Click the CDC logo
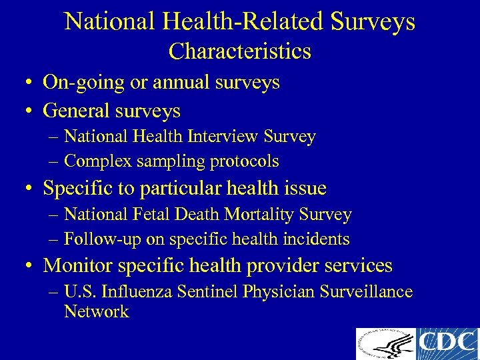448,344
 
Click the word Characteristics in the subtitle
240,51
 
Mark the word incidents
319,239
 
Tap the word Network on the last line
96,311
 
